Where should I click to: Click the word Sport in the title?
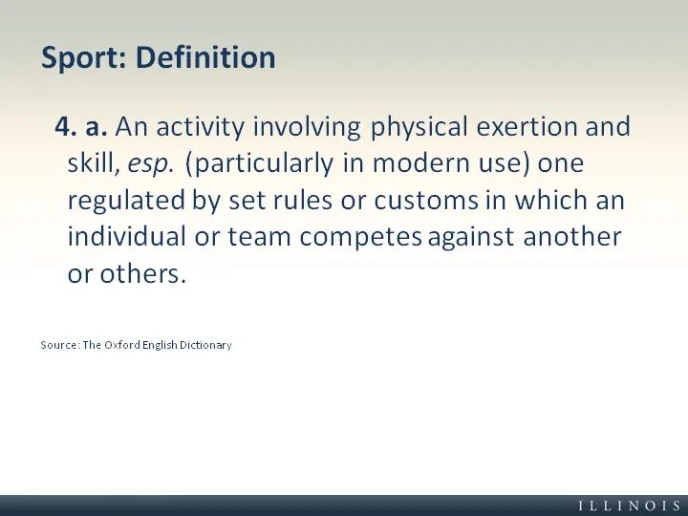(84, 57)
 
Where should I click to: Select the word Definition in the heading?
(205, 57)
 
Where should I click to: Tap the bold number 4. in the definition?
(66, 126)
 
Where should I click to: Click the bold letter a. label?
(97, 128)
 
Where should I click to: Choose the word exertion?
(527, 127)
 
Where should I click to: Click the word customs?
(425, 201)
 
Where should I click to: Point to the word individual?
(126, 237)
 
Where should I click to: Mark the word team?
(259, 237)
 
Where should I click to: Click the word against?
(471, 238)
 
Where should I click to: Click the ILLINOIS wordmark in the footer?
(630, 505)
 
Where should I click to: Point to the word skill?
(91, 162)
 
